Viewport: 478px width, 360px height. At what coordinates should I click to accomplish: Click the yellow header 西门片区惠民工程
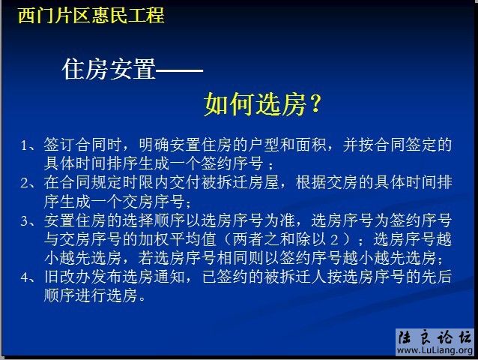pos(91,14)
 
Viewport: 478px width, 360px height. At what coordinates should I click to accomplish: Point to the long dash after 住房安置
pos(180,70)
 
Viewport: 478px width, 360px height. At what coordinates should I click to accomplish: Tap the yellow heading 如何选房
pos(254,105)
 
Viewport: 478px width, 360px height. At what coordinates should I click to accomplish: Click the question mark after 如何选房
pos(315,105)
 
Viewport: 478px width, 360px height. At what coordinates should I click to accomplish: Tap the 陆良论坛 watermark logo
pos(434,337)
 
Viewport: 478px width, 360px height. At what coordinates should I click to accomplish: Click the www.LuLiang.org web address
pos(434,351)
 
